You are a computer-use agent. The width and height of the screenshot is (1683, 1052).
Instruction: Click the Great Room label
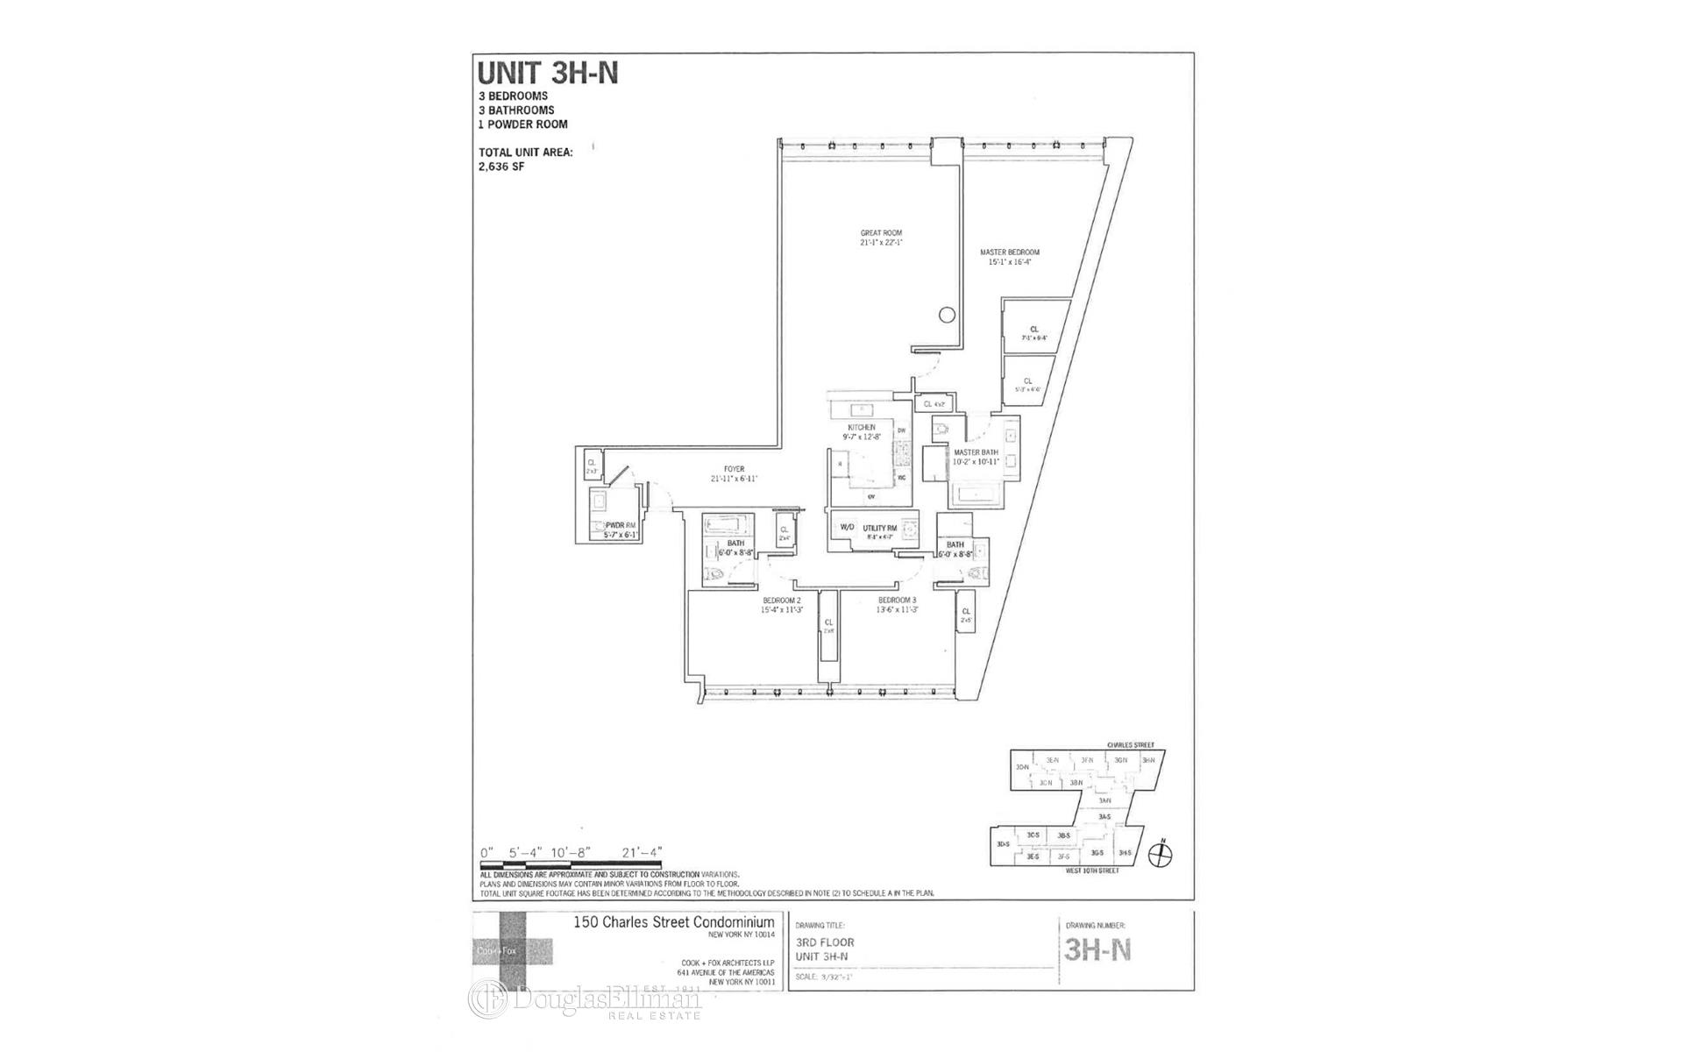[881, 233]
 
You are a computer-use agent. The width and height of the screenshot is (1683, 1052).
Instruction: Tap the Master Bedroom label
[1009, 252]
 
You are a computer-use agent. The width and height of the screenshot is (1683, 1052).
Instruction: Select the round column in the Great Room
[947, 315]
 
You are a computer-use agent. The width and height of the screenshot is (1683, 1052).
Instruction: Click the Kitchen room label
[861, 427]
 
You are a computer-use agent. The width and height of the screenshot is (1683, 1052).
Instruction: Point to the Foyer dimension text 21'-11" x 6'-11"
[734, 479]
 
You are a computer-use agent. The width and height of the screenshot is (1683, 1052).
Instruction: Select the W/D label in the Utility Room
[847, 528]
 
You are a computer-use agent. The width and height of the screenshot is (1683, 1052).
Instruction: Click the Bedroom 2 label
[781, 601]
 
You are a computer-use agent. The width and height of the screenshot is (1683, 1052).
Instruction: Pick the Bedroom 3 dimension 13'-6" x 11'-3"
[898, 610]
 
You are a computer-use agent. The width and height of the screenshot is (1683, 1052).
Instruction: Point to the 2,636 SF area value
[501, 167]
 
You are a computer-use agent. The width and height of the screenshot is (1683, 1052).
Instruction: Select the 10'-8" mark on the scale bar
[572, 852]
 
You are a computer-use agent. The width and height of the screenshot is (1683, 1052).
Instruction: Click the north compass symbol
[1161, 855]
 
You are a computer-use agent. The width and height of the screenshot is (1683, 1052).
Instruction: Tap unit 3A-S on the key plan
[1104, 817]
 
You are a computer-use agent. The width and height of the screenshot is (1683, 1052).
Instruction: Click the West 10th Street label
[1092, 871]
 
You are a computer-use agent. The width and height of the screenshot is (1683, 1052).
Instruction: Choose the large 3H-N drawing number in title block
[1097, 950]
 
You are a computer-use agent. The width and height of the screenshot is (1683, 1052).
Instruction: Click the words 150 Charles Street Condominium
[673, 922]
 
